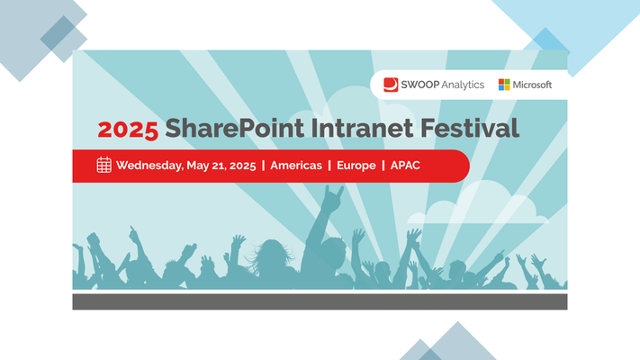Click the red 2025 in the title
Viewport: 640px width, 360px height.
pyautogui.click(x=128, y=130)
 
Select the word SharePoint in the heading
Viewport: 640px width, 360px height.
pyautogui.click(x=235, y=128)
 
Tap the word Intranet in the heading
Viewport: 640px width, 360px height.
pyautogui.click(x=363, y=128)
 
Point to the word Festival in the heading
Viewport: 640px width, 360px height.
pyautogui.click(x=469, y=128)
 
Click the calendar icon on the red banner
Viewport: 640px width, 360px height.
pyautogui.click(x=104, y=165)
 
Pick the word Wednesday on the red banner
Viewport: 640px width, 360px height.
pyautogui.click(x=149, y=166)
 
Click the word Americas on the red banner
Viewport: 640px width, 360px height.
pyautogui.click(x=296, y=166)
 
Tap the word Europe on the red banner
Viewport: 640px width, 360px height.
pyautogui.click(x=356, y=166)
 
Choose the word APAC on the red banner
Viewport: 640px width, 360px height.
pyautogui.click(x=405, y=166)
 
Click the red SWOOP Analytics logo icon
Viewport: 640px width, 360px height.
pyautogui.click(x=391, y=85)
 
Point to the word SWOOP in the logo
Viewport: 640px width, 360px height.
pyautogui.click(x=420, y=85)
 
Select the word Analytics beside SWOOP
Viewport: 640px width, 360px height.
pyautogui.click(x=463, y=85)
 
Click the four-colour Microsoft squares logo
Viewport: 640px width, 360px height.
pyautogui.click(x=504, y=85)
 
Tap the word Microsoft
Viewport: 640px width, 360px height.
pyautogui.click(x=532, y=85)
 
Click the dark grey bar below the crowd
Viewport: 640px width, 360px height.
pyautogui.click(x=320, y=301)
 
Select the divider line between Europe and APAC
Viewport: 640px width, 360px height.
pyautogui.click(x=383, y=166)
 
